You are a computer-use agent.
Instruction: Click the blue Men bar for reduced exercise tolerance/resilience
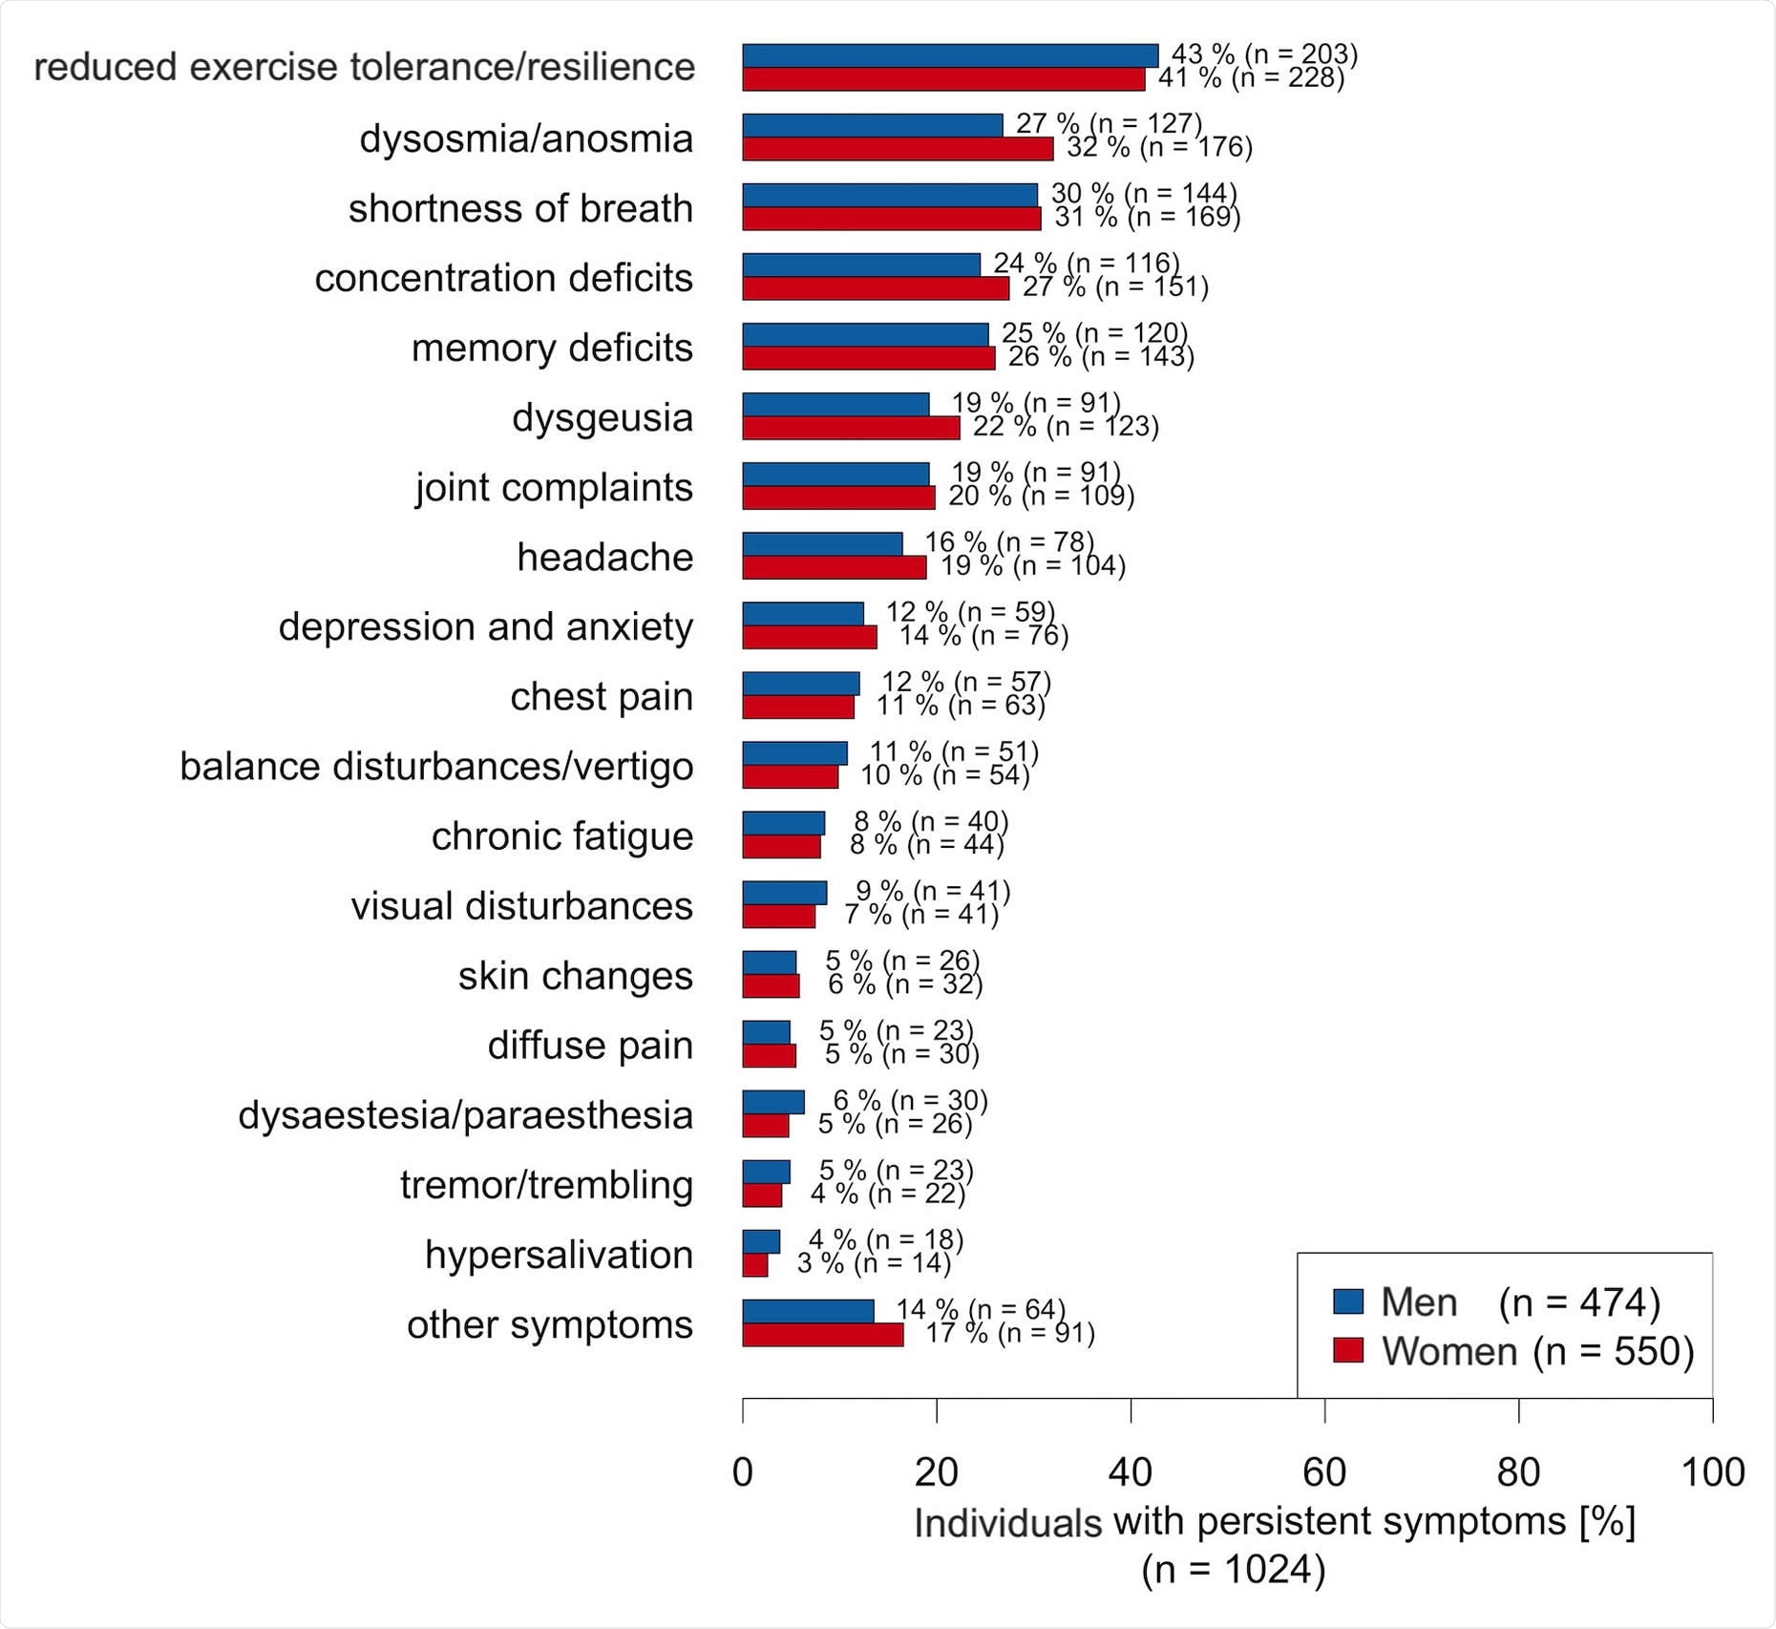click(x=950, y=56)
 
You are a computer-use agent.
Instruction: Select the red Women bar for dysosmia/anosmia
click(x=898, y=149)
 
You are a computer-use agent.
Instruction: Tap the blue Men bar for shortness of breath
click(x=890, y=195)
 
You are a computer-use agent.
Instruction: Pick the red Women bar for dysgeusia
click(x=851, y=428)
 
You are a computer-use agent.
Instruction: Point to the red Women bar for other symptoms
click(x=822, y=1335)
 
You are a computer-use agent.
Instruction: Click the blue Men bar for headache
click(x=822, y=544)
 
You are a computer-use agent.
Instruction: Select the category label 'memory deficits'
click(x=552, y=348)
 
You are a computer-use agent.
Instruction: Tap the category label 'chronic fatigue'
click(x=561, y=836)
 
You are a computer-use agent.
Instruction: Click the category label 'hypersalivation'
click(x=559, y=1255)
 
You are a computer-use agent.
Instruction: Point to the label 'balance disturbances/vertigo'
click(x=436, y=767)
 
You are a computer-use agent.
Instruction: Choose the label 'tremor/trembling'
click(x=546, y=1185)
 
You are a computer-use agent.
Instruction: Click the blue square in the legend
click(x=1347, y=1301)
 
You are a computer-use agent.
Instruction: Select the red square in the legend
click(x=1347, y=1350)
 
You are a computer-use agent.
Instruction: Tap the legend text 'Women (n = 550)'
click(x=1537, y=1351)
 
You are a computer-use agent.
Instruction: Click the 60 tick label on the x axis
click(x=1324, y=1472)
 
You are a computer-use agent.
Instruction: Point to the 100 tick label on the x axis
click(x=1712, y=1472)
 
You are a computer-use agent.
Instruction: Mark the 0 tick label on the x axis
click(x=743, y=1472)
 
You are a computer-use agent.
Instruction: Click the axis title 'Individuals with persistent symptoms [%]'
click(x=1275, y=1521)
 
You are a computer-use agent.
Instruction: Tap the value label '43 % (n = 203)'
click(x=1264, y=54)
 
